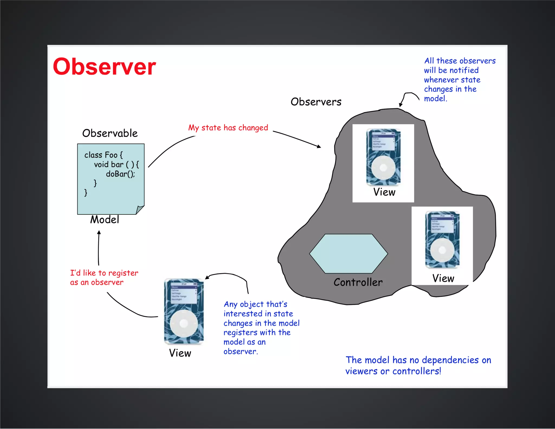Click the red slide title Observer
[104, 67]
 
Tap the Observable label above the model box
[110, 133]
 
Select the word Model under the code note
[105, 220]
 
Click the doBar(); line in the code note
[120, 174]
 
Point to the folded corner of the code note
[140, 210]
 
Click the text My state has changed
[228, 128]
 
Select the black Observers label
[316, 102]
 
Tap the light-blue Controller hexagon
[349, 254]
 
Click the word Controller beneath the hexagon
[358, 282]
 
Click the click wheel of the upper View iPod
[383, 168]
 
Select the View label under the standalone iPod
[180, 353]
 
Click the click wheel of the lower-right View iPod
[442, 250]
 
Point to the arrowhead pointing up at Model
[99, 232]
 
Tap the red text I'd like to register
[104, 273]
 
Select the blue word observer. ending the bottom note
[241, 351]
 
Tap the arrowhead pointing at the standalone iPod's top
[207, 277]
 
